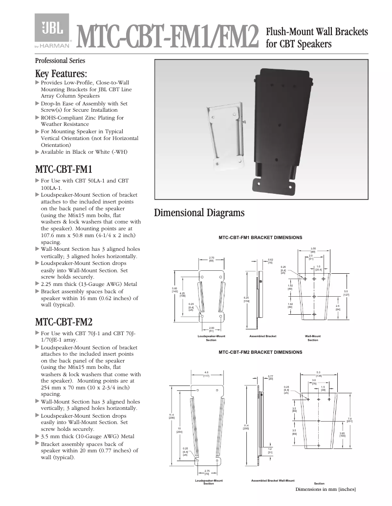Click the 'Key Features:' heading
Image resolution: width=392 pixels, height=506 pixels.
point(61,74)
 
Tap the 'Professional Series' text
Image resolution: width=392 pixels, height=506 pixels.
point(60,61)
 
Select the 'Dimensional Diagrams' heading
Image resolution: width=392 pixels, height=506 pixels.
point(199,213)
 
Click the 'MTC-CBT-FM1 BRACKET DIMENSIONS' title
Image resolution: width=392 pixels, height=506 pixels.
point(260,238)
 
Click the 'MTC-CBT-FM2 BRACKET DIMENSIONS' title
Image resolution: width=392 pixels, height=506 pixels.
point(260,352)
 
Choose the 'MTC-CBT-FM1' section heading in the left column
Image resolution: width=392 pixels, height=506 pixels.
point(64,170)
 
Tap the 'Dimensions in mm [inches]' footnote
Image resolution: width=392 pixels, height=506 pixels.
point(325,489)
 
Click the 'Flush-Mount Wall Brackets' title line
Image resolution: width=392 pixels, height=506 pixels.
point(316,32)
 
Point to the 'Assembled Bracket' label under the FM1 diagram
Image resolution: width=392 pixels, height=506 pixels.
point(262,336)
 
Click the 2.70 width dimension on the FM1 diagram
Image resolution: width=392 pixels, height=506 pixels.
point(211,259)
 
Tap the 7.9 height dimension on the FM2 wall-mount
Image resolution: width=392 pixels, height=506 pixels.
point(349,420)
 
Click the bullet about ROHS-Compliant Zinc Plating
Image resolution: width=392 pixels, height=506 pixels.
point(82,121)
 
